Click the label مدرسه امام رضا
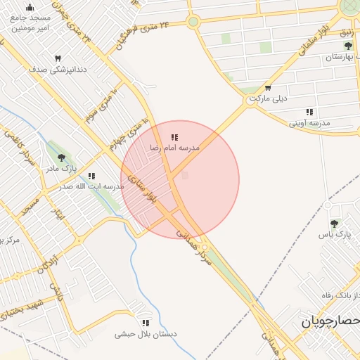tap(174, 148)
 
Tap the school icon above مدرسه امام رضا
tap(174, 137)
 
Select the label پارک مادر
tap(61, 169)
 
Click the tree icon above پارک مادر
tap(61, 158)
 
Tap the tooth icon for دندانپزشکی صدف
tap(58, 58)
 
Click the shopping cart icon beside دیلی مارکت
tap(269, 89)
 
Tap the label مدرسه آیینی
tap(310, 123)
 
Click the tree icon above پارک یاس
tap(333, 224)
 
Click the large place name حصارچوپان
tap(330, 321)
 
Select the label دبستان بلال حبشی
tap(146, 334)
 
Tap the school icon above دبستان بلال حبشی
tap(146, 323)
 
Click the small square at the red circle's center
tap(185, 175)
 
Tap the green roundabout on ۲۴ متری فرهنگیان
tap(193, 22)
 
